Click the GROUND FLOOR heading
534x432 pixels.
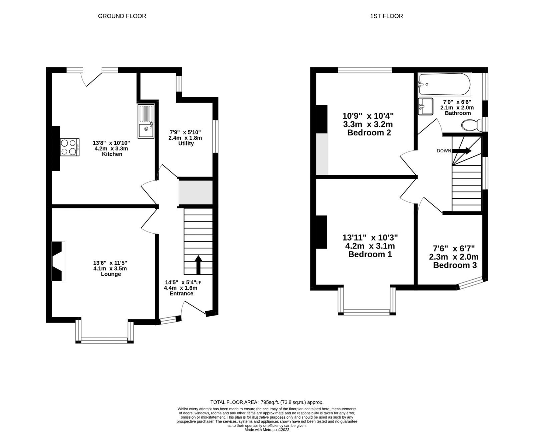[122, 16]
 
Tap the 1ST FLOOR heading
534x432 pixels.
[386, 16]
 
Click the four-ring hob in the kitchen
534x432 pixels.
[70, 147]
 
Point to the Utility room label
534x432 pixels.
[186, 143]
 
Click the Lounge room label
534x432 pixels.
[111, 274]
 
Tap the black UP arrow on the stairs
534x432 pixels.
[198, 265]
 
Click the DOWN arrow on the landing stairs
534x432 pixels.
[462, 151]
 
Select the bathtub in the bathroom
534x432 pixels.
[445, 84]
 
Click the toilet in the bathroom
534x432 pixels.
[472, 125]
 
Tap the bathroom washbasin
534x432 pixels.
[425, 106]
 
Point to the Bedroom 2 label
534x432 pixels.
[369, 133]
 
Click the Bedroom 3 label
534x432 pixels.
[455, 266]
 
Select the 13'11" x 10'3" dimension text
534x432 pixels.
[370, 238]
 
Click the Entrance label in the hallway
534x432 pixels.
[181, 294]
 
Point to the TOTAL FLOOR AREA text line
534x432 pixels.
[267, 402]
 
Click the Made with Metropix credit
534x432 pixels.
[267, 430]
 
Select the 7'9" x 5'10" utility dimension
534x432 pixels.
[186, 132]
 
